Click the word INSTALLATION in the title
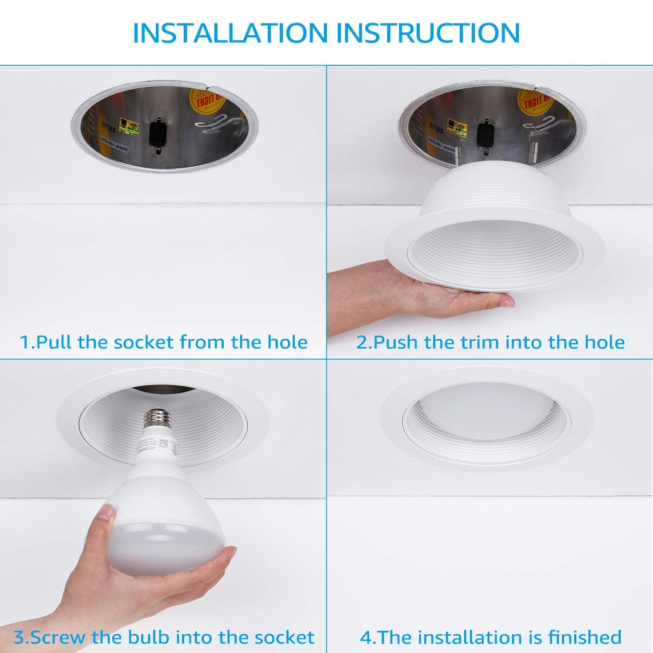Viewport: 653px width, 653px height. click(x=230, y=32)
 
